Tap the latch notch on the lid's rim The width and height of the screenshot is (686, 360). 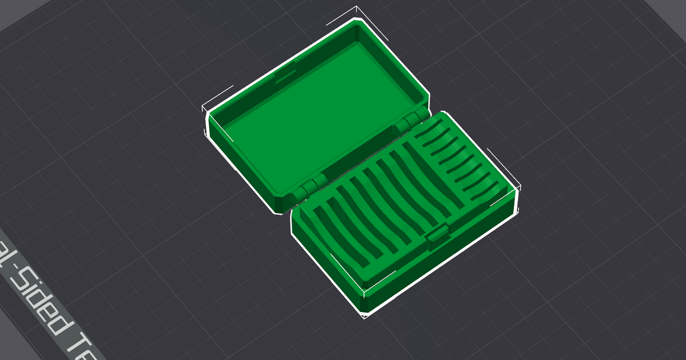coord(282,77)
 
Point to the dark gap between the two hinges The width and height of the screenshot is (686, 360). coord(360,154)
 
